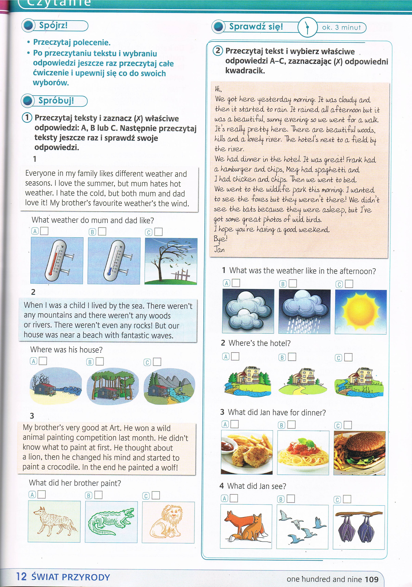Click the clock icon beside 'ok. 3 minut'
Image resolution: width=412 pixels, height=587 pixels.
[x=307, y=27]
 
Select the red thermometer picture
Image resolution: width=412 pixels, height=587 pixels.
[x=57, y=260]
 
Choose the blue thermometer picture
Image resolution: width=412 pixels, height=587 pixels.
[x=114, y=261]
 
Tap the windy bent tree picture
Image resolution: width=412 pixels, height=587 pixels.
[x=171, y=261]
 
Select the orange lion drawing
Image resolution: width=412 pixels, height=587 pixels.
[x=168, y=522]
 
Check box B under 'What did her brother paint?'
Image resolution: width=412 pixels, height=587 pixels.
[x=99, y=495]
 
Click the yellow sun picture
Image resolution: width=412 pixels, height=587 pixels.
[x=361, y=312]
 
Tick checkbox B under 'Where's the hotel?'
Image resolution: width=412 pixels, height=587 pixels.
[x=292, y=357]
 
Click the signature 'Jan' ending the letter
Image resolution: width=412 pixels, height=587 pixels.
[x=219, y=249]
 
